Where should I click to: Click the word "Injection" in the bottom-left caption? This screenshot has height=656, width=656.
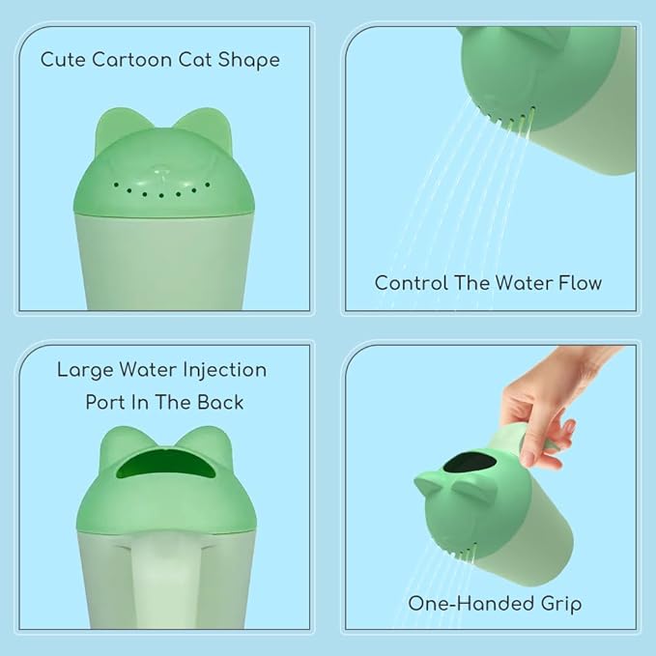pyautogui.click(x=214, y=370)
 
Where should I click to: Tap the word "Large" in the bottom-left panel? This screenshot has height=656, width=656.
pyautogui.click(x=84, y=370)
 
